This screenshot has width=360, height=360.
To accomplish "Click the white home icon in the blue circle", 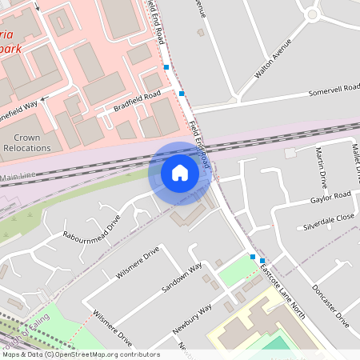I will (x=180, y=173).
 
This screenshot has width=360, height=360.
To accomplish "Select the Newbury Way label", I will (x=193, y=321).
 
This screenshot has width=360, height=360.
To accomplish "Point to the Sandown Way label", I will (x=183, y=280).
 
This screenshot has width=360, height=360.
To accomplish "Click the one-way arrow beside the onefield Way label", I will (x=45, y=98).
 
